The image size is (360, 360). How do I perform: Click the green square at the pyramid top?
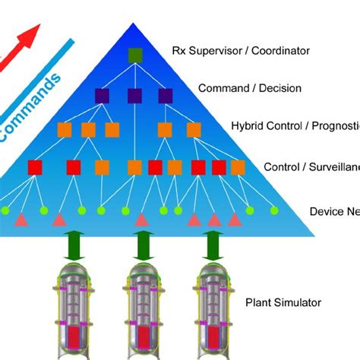pyautogui.click(x=134, y=55)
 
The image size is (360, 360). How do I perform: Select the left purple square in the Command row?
pyautogui.click(x=102, y=96)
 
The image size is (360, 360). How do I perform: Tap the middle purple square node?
pyautogui.click(x=134, y=96)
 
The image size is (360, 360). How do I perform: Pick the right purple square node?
pyautogui.click(x=166, y=96)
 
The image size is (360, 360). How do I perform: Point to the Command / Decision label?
pyautogui.click(x=249, y=88)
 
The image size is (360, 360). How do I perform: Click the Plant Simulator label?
pyautogui.click(x=283, y=302)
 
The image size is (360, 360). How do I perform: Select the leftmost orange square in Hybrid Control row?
pyautogui.click(x=65, y=129)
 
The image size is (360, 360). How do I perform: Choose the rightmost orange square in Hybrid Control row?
pyautogui.click(x=194, y=129)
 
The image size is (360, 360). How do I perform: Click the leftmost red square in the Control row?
pyautogui.click(x=34, y=167)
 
